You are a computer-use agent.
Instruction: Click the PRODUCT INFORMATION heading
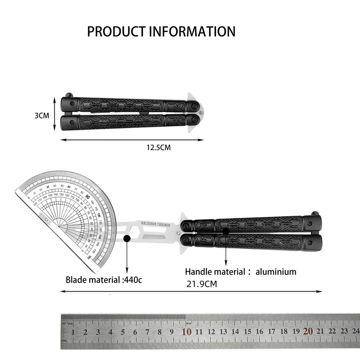point(161,32)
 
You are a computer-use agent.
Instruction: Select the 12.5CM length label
point(158,148)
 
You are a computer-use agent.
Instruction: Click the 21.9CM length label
point(202,284)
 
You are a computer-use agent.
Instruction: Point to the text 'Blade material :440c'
point(104,279)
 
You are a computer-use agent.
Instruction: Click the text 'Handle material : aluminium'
point(240,271)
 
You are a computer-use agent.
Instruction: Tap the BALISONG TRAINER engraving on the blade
point(156,225)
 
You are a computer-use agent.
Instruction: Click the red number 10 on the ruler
point(186,332)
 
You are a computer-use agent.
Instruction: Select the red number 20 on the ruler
point(308,331)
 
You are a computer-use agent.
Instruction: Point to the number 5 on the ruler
point(123,332)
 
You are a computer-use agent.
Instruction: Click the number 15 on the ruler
point(247,332)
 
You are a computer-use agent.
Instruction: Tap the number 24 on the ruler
point(356,331)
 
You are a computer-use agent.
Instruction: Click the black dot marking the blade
point(127,238)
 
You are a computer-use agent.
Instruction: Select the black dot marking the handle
point(226,231)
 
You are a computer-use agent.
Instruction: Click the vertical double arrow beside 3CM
point(54,113)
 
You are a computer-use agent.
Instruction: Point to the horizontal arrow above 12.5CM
point(132,140)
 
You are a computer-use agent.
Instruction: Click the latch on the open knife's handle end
point(315,214)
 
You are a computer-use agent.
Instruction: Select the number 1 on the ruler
point(73,332)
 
